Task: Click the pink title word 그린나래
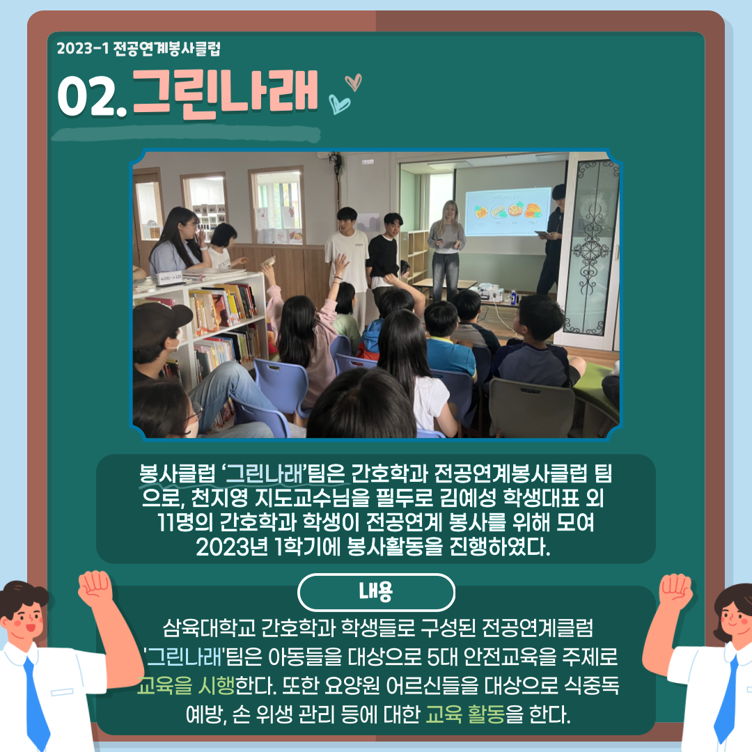tap(225, 93)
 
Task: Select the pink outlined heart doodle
tap(354, 82)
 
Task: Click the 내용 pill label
tap(376, 592)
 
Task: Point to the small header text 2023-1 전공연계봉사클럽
tap(139, 49)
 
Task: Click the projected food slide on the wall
tap(508, 212)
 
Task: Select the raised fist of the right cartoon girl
tap(675, 591)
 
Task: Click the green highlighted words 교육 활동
tap(465, 714)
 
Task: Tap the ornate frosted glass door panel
tap(591, 248)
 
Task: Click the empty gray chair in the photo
tap(531, 407)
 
